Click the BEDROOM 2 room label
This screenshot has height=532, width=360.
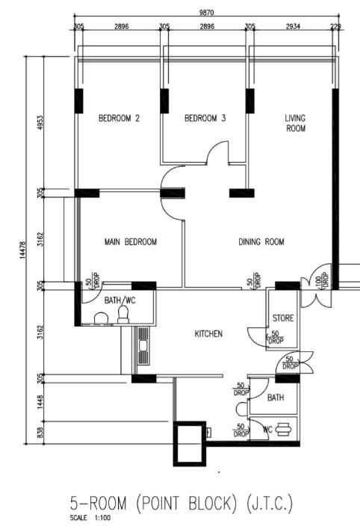pyautogui.click(x=120, y=118)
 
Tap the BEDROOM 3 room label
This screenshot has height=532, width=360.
pyautogui.click(x=205, y=118)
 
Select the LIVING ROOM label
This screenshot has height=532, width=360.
pyautogui.click(x=296, y=123)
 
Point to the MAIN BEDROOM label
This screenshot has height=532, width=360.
pyautogui.click(x=131, y=242)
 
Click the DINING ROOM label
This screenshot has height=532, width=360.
pyautogui.click(x=261, y=242)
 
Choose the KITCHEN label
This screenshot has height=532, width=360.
pyautogui.click(x=208, y=334)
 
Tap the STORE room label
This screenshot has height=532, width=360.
pyautogui.click(x=282, y=318)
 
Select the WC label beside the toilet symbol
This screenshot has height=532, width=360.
pyautogui.click(x=266, y=430)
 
